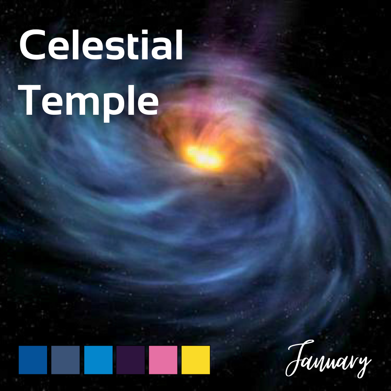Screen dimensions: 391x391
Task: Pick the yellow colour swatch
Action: pyautogui.click(x=195, y=360)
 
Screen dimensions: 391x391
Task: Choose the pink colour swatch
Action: pyautogui.click(x=163, y=360)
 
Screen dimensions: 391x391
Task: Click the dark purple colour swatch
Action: pyautogui.click(x=130, y=360)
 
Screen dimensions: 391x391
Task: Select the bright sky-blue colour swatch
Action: pyautogui.click(x=98, y=360)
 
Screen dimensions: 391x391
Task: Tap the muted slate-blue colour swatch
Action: pyautogui.click(x=66, y=360)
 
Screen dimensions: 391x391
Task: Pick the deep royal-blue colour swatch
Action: pyautogui.click(x=33, y=360)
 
